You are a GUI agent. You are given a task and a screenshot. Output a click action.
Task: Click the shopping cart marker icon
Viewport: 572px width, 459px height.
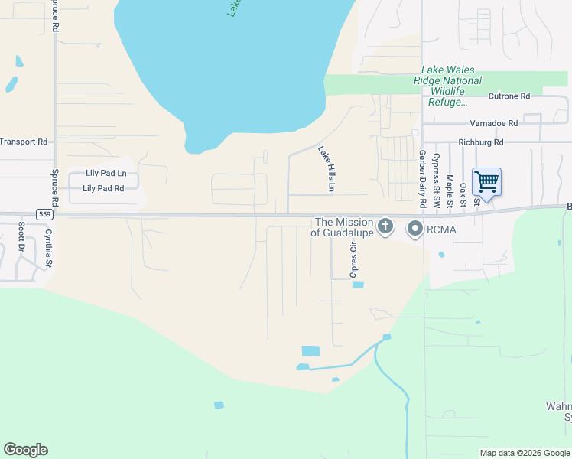click(486, 182)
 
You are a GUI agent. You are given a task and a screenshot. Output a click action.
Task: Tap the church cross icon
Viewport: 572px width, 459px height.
click(385, 226)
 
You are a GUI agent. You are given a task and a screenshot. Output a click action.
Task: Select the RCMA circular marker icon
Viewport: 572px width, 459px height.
click(415, 228)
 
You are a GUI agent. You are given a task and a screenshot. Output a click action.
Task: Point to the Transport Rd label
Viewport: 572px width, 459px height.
click(24, 142)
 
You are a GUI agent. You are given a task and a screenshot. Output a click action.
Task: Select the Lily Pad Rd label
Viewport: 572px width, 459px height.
click(103, 188)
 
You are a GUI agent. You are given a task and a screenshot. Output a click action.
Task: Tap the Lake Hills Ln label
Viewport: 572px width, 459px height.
click(327, 169)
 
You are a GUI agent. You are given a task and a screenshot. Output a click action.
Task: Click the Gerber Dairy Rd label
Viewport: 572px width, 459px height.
click(421, 179)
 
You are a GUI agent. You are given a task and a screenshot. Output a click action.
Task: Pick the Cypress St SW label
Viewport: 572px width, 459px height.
click(436, 180)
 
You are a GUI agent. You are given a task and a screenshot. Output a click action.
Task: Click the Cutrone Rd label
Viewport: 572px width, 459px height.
click(509, 96)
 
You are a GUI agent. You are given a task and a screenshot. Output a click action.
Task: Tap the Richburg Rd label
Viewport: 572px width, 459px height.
click(481, 142)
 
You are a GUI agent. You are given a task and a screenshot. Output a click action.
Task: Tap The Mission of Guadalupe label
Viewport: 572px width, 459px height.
click(344, 227)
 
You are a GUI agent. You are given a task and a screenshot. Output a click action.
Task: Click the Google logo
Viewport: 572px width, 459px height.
click(25, 450)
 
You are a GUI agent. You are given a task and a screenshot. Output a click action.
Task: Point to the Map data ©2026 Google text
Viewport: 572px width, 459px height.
click(524, 453)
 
